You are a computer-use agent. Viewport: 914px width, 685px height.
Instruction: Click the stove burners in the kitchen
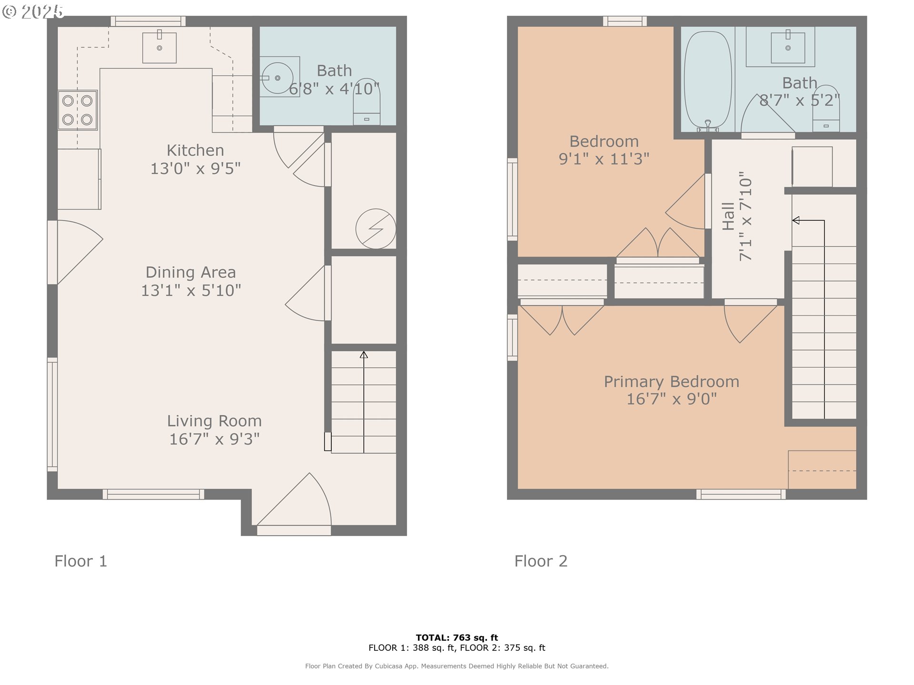coord(78,110)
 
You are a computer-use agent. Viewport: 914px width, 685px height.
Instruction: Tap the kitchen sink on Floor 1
coord(159,48)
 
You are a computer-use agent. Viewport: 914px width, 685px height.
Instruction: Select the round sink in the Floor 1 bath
coord(277,78)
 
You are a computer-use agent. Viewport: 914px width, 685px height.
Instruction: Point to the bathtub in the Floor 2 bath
coord(708,80)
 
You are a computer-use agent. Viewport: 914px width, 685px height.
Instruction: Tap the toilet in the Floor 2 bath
coord(826,109)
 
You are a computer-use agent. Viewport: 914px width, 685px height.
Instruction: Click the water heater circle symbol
coord(376,229)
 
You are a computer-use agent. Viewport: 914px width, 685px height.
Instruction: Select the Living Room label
coord(214,421)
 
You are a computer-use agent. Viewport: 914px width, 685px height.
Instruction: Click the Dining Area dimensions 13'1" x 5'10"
coord(191,290)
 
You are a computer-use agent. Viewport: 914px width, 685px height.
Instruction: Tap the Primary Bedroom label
coord(671,382)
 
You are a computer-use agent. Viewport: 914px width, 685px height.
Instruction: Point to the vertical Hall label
coord(728,216)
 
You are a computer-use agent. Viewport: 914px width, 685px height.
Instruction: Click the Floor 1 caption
coord(81,561)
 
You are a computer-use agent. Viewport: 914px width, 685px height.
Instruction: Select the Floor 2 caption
coord(541,561)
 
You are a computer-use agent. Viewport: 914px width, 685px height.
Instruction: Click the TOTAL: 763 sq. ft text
coord(457,637)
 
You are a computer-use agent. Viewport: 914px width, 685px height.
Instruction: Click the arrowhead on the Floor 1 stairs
coord(364,355)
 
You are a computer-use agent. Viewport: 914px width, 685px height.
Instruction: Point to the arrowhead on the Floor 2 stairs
coord(795,220)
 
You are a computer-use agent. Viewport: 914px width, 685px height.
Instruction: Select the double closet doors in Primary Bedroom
coord(562,320)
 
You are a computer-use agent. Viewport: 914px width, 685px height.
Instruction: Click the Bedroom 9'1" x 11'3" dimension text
coord(604,159)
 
